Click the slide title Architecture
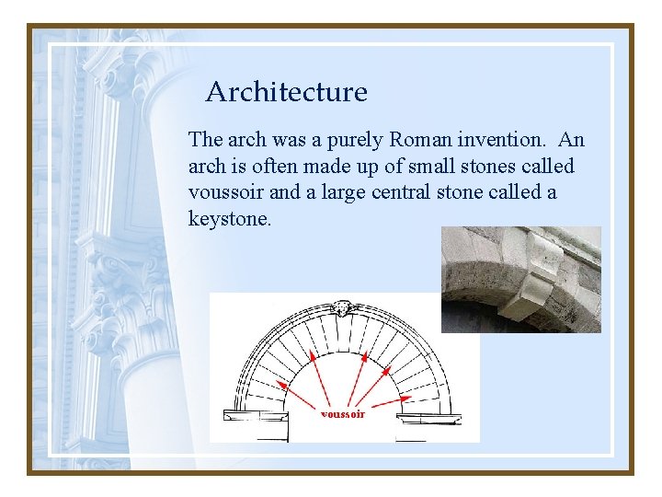tap(286, 92)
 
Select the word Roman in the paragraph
tap(421, 140)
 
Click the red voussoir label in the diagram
tap(342, 414)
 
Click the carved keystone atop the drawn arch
tap(343, 307)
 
